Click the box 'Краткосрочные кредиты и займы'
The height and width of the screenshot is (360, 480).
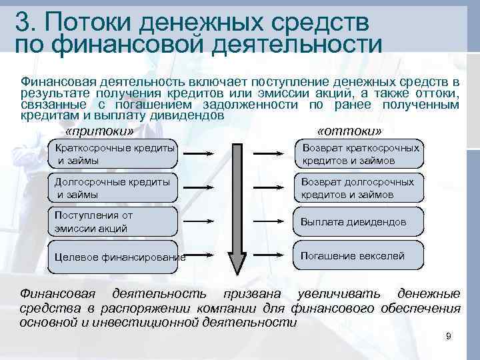tap(113, 154)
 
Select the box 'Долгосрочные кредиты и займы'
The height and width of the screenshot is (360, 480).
tap(113, 188)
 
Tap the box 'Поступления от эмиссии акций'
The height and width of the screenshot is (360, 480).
tap(113, 222)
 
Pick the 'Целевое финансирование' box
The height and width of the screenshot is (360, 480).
tap(113, 257)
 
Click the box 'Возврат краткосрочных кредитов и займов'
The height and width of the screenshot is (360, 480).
tap(360, 154)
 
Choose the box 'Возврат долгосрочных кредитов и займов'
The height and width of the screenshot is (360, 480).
tap(360, 188)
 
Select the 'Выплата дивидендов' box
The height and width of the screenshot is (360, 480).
tap(360, 222)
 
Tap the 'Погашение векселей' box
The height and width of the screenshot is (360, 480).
tap(360, 256)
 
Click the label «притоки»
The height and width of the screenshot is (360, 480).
tap(100, 130)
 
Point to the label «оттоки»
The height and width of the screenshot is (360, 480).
tap(350, 130)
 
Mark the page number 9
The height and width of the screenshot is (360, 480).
tap(449, 337)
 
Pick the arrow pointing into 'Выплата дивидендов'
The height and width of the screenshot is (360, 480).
tap(274, 222)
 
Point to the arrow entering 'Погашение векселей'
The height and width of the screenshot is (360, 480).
tap(274, 256)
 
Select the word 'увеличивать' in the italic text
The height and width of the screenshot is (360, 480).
tap(331, 294)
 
